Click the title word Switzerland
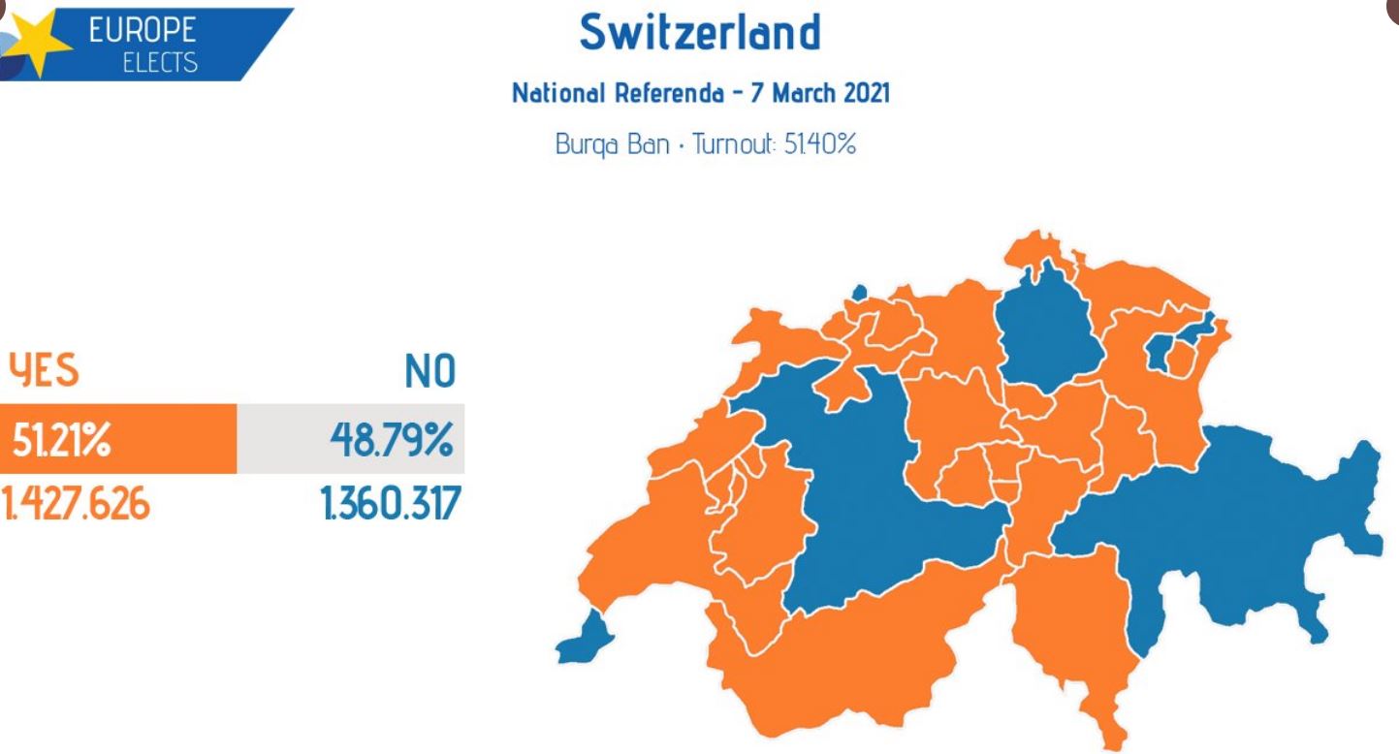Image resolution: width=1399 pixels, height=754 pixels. (700, 34)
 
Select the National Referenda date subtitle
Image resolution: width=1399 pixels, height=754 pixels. (700, 96)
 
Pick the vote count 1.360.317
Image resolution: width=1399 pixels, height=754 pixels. (387, 505)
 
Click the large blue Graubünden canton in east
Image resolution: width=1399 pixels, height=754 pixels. (1241, 533)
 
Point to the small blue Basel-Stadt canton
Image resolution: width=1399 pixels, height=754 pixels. (857, 292)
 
